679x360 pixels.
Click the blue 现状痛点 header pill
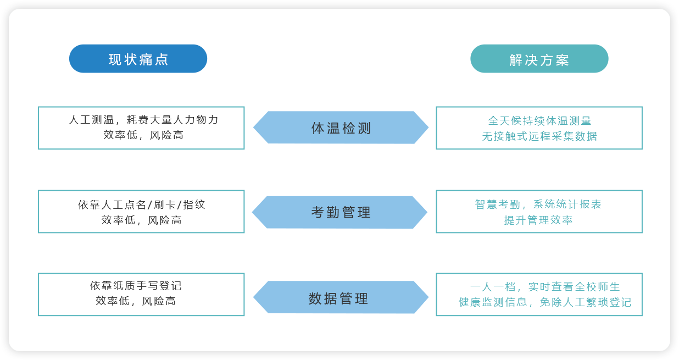(x=138, y=58)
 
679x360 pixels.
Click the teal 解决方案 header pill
(x=539, y=58)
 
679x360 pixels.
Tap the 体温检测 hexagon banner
(x=341, y=128)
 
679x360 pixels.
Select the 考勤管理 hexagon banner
(x=340, y=212)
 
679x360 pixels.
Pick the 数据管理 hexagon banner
(x=341, y=297)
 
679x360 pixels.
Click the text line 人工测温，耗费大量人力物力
(x=143, y=120)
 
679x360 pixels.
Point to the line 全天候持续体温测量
(x=539, y=121)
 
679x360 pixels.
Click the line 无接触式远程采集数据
(x=539, y=136)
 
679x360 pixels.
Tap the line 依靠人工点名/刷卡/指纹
(x=142, y=204)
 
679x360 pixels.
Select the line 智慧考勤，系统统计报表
(x=538, y=204)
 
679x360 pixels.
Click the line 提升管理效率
(x=538, y=220)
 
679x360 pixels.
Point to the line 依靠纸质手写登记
(x=136, y=285)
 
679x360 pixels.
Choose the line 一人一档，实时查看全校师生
(x=545, y=286)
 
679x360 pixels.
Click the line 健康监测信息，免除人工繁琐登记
(x=545, y=302)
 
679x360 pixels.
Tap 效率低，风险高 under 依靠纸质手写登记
(x=136, y=301)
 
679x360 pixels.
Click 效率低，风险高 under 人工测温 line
(x=143, y=135)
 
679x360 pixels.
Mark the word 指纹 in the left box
(x=194, y=204)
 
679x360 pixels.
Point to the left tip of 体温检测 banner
(x=254, y=128)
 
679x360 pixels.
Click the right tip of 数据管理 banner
(x=428, y=297)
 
